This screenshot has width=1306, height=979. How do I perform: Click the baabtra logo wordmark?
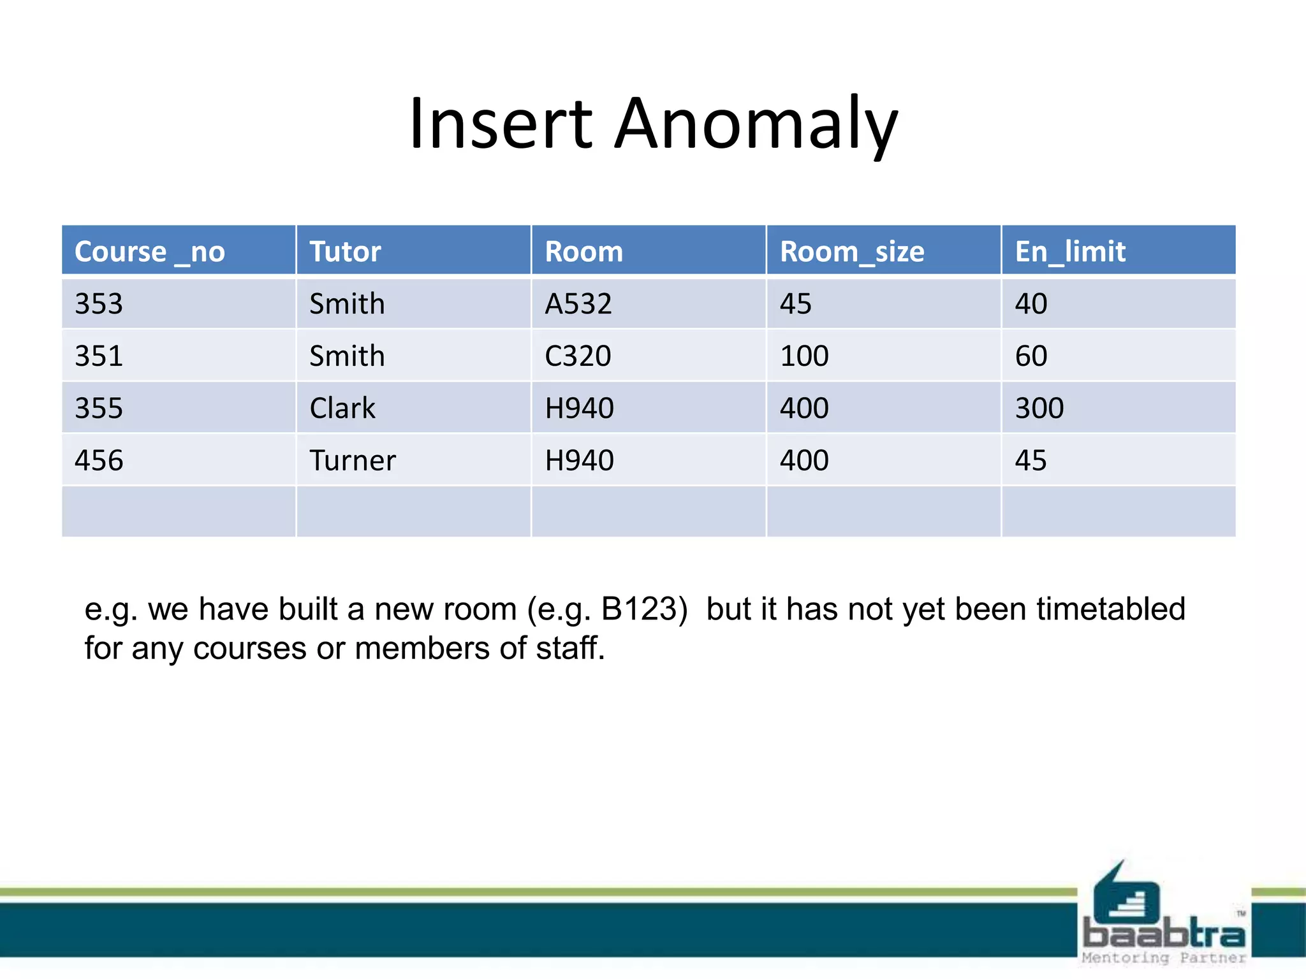1164,934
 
